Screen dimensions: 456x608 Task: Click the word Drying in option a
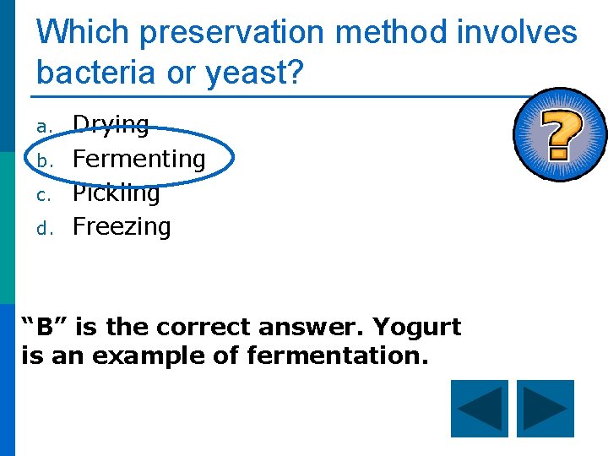[x=111, y=126]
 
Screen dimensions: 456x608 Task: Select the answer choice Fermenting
[x=138, y=159]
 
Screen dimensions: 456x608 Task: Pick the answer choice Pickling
[x=116, y=193]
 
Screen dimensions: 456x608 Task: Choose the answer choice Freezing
[x=122, y=226]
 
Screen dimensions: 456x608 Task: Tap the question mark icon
[x=561, y=135]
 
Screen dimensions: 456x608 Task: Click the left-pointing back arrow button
[x=480, y=410]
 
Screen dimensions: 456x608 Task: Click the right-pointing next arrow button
[x=545, y=410]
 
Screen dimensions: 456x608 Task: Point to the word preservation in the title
[x=233, y=34]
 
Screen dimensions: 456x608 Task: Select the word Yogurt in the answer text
[x=417, y=328]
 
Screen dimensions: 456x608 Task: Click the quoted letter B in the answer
[x=41, y=327]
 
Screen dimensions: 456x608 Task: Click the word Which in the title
[x=83, y=34]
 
